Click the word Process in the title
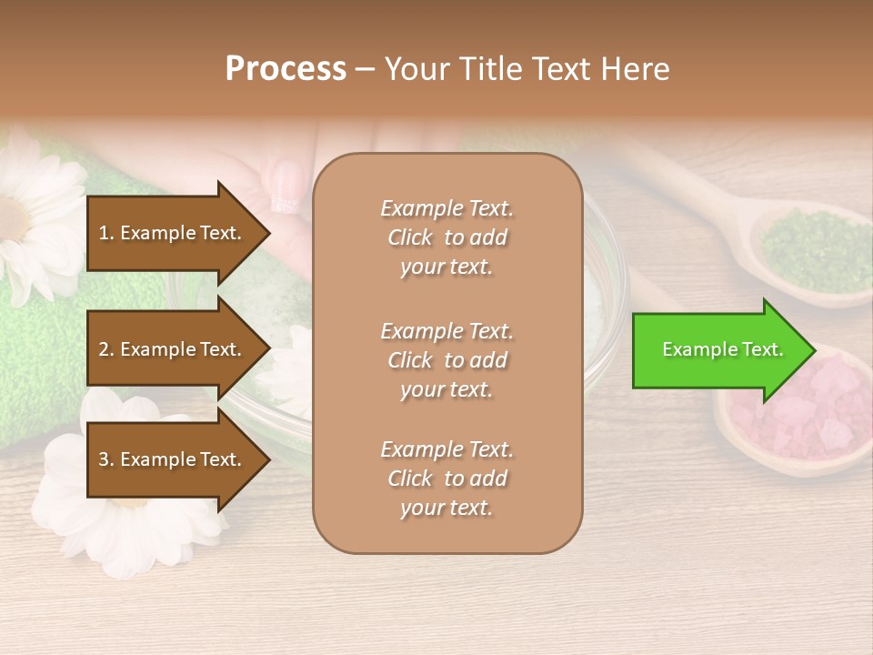(286, 69)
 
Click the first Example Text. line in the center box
(447, 208)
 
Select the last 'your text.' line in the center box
(447, 508)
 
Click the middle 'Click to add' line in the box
(447, 360)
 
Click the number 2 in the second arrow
(104, 349)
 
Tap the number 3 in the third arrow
(104, 459)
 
